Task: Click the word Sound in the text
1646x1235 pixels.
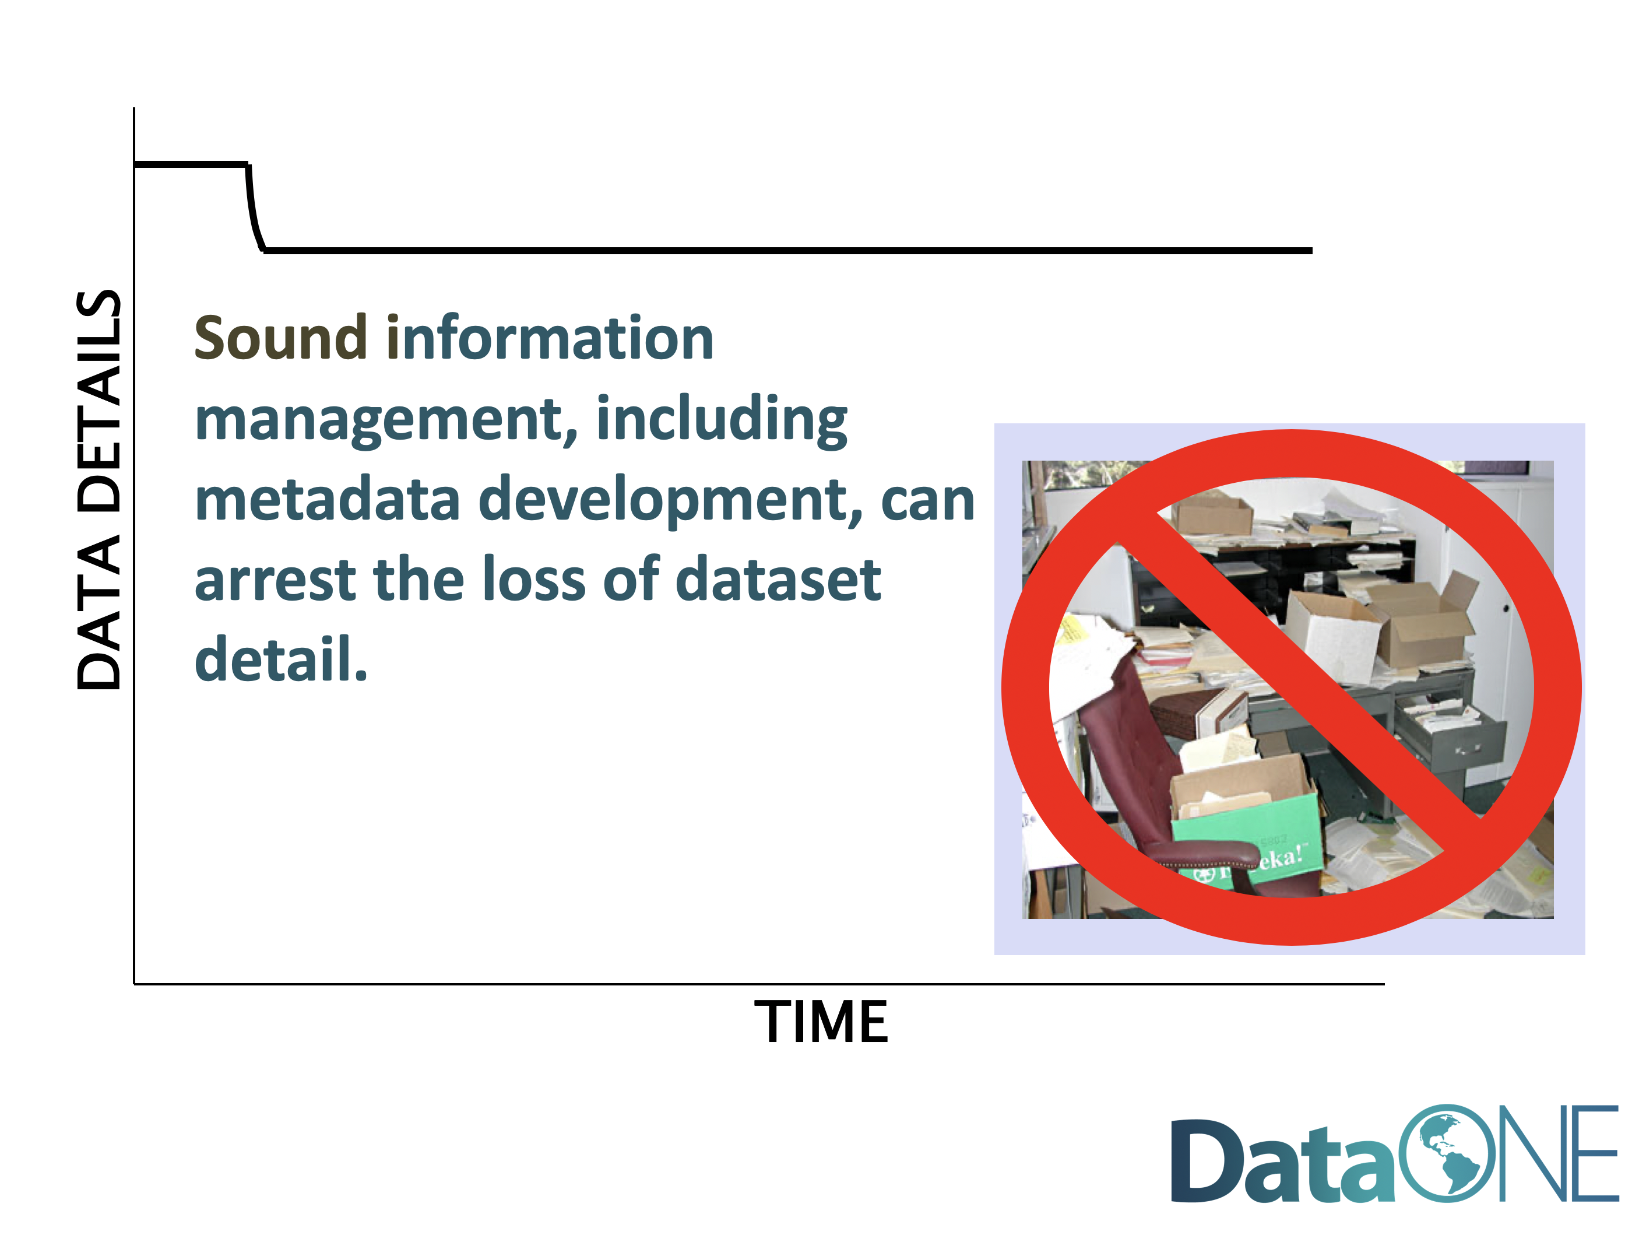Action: tap(280, 338)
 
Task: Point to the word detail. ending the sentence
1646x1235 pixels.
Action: tap(282, 658)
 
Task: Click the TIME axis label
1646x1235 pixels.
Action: tap(821, 1022)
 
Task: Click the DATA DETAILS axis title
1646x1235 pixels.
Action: tap(99, 489)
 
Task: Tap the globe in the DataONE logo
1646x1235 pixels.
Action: tap(1447, 1153)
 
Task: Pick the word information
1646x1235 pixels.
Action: tap(549, 338)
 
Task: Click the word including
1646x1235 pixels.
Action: tap(722, 420)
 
